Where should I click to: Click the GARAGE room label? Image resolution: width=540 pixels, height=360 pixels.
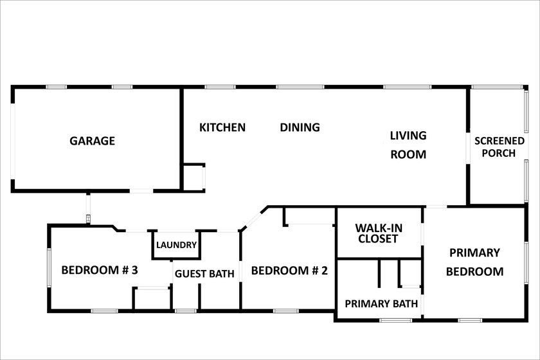[93, 141]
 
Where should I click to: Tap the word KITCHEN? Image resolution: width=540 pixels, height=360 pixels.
[222, 127]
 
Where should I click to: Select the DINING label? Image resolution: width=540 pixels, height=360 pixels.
[300, 127]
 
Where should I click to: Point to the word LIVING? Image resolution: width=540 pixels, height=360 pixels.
[408, 136]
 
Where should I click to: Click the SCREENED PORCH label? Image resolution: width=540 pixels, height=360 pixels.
[500, 147]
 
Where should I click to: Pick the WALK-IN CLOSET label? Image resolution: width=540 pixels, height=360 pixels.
[379, 233]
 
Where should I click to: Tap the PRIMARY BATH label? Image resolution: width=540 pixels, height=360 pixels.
[381, 303]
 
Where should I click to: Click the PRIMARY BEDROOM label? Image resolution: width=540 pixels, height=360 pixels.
[474, 262]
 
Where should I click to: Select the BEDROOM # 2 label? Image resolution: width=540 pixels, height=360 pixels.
[289, 271]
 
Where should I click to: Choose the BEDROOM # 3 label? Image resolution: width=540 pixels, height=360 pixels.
[100, 270]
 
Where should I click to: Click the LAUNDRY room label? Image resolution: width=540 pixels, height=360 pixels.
[176, 245]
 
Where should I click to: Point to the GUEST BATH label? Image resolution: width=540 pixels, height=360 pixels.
[204, 274]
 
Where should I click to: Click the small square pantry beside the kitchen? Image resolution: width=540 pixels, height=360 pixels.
[194, 177]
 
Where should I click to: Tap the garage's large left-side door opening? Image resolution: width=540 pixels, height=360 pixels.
[13, 141]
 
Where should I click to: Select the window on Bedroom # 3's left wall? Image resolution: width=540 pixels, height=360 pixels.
[50, 267]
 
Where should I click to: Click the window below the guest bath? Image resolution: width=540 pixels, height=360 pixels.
[186, 311]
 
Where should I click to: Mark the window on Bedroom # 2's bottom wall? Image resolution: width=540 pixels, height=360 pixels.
[286, 311]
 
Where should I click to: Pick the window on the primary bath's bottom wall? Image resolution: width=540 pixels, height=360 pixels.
[396, 320]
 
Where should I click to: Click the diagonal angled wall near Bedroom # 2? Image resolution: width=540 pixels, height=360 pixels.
[254, 218]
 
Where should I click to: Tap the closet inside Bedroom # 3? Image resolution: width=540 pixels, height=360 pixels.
[152, 298]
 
